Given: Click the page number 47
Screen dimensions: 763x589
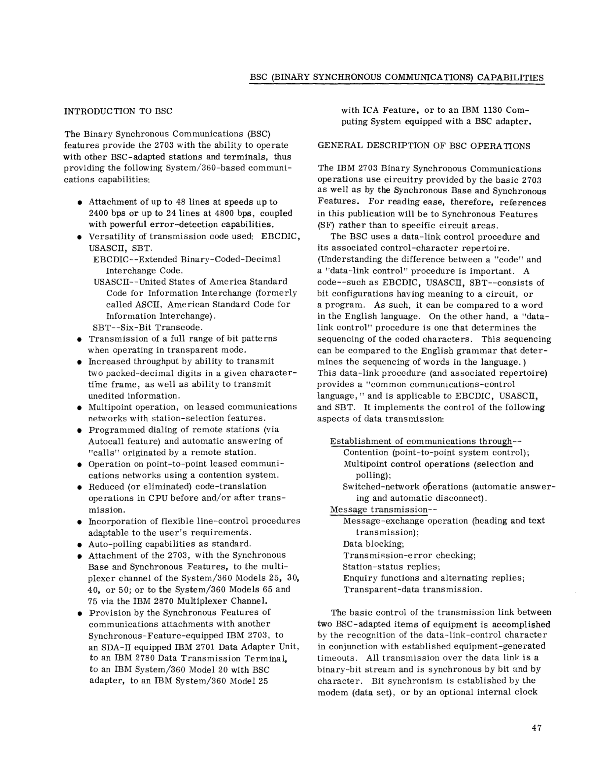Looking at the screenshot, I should point(536,728).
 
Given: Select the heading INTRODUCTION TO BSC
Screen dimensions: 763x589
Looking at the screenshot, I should point(118,111).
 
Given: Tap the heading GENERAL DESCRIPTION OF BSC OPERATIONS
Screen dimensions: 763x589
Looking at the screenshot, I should point(424,146).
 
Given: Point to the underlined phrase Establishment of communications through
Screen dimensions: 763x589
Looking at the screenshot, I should point(421,441).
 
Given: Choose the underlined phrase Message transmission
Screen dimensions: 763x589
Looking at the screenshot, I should point(378,509).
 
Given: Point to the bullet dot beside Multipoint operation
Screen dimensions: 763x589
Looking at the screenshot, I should point(80,408).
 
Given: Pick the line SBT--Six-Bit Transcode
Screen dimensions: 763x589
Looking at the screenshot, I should point(148,328).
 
